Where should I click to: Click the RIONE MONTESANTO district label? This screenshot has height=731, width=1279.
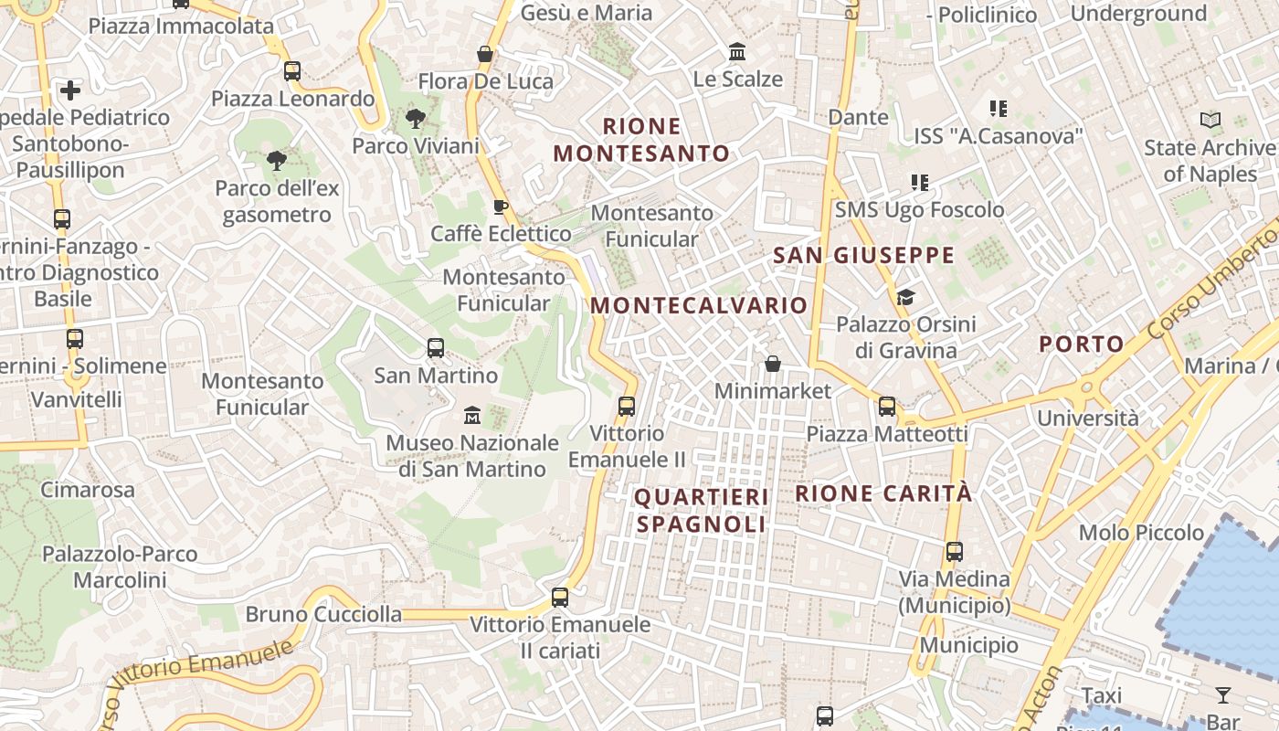[x=641, y=139]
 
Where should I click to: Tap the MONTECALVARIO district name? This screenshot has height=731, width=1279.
[x=699, y=305]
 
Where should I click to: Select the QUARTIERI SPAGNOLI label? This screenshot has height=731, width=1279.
[x=701, y=510]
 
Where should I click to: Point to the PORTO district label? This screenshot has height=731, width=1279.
[x=1082, y=344]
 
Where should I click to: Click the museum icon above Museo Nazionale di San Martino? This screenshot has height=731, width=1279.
[x=472, y=416]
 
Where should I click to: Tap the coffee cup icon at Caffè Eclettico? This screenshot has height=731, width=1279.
[x=500, y=207]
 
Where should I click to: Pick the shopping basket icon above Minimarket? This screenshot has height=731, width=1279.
[x=773, y=364]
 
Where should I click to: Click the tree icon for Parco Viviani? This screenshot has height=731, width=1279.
[x=416, y=118]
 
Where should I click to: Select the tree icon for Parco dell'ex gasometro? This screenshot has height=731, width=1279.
[x=276, y=161]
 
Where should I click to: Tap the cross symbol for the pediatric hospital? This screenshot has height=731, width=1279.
[x=70, y=90]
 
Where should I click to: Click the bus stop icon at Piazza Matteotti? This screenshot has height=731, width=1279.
[x=887, y=406]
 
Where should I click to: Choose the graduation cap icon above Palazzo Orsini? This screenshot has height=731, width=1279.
[x=905, y=297]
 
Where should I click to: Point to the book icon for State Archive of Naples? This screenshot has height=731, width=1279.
[x=1210, y=120]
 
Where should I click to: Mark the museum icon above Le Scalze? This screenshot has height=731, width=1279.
[x=737, y=52]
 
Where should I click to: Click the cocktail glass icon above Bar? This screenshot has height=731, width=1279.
[x=1223, y=695]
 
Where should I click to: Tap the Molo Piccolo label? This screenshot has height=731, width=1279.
[x=1141, y=532]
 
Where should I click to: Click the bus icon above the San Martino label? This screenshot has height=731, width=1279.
[x=436, y=348]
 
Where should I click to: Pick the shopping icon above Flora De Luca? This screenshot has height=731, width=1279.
[x=485, y=54]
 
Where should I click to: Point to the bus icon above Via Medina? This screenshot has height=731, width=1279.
[x=955, y=552]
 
